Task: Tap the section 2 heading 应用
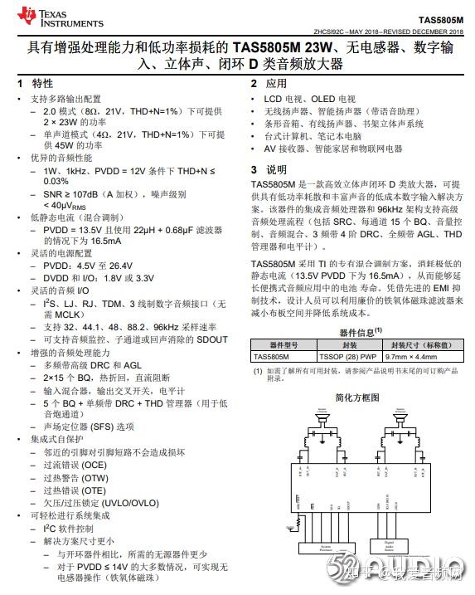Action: pos(276,84)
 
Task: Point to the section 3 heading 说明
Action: pos(276,168)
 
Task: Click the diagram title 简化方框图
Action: pos(358,397)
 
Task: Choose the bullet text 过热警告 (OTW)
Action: pos(75,478)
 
